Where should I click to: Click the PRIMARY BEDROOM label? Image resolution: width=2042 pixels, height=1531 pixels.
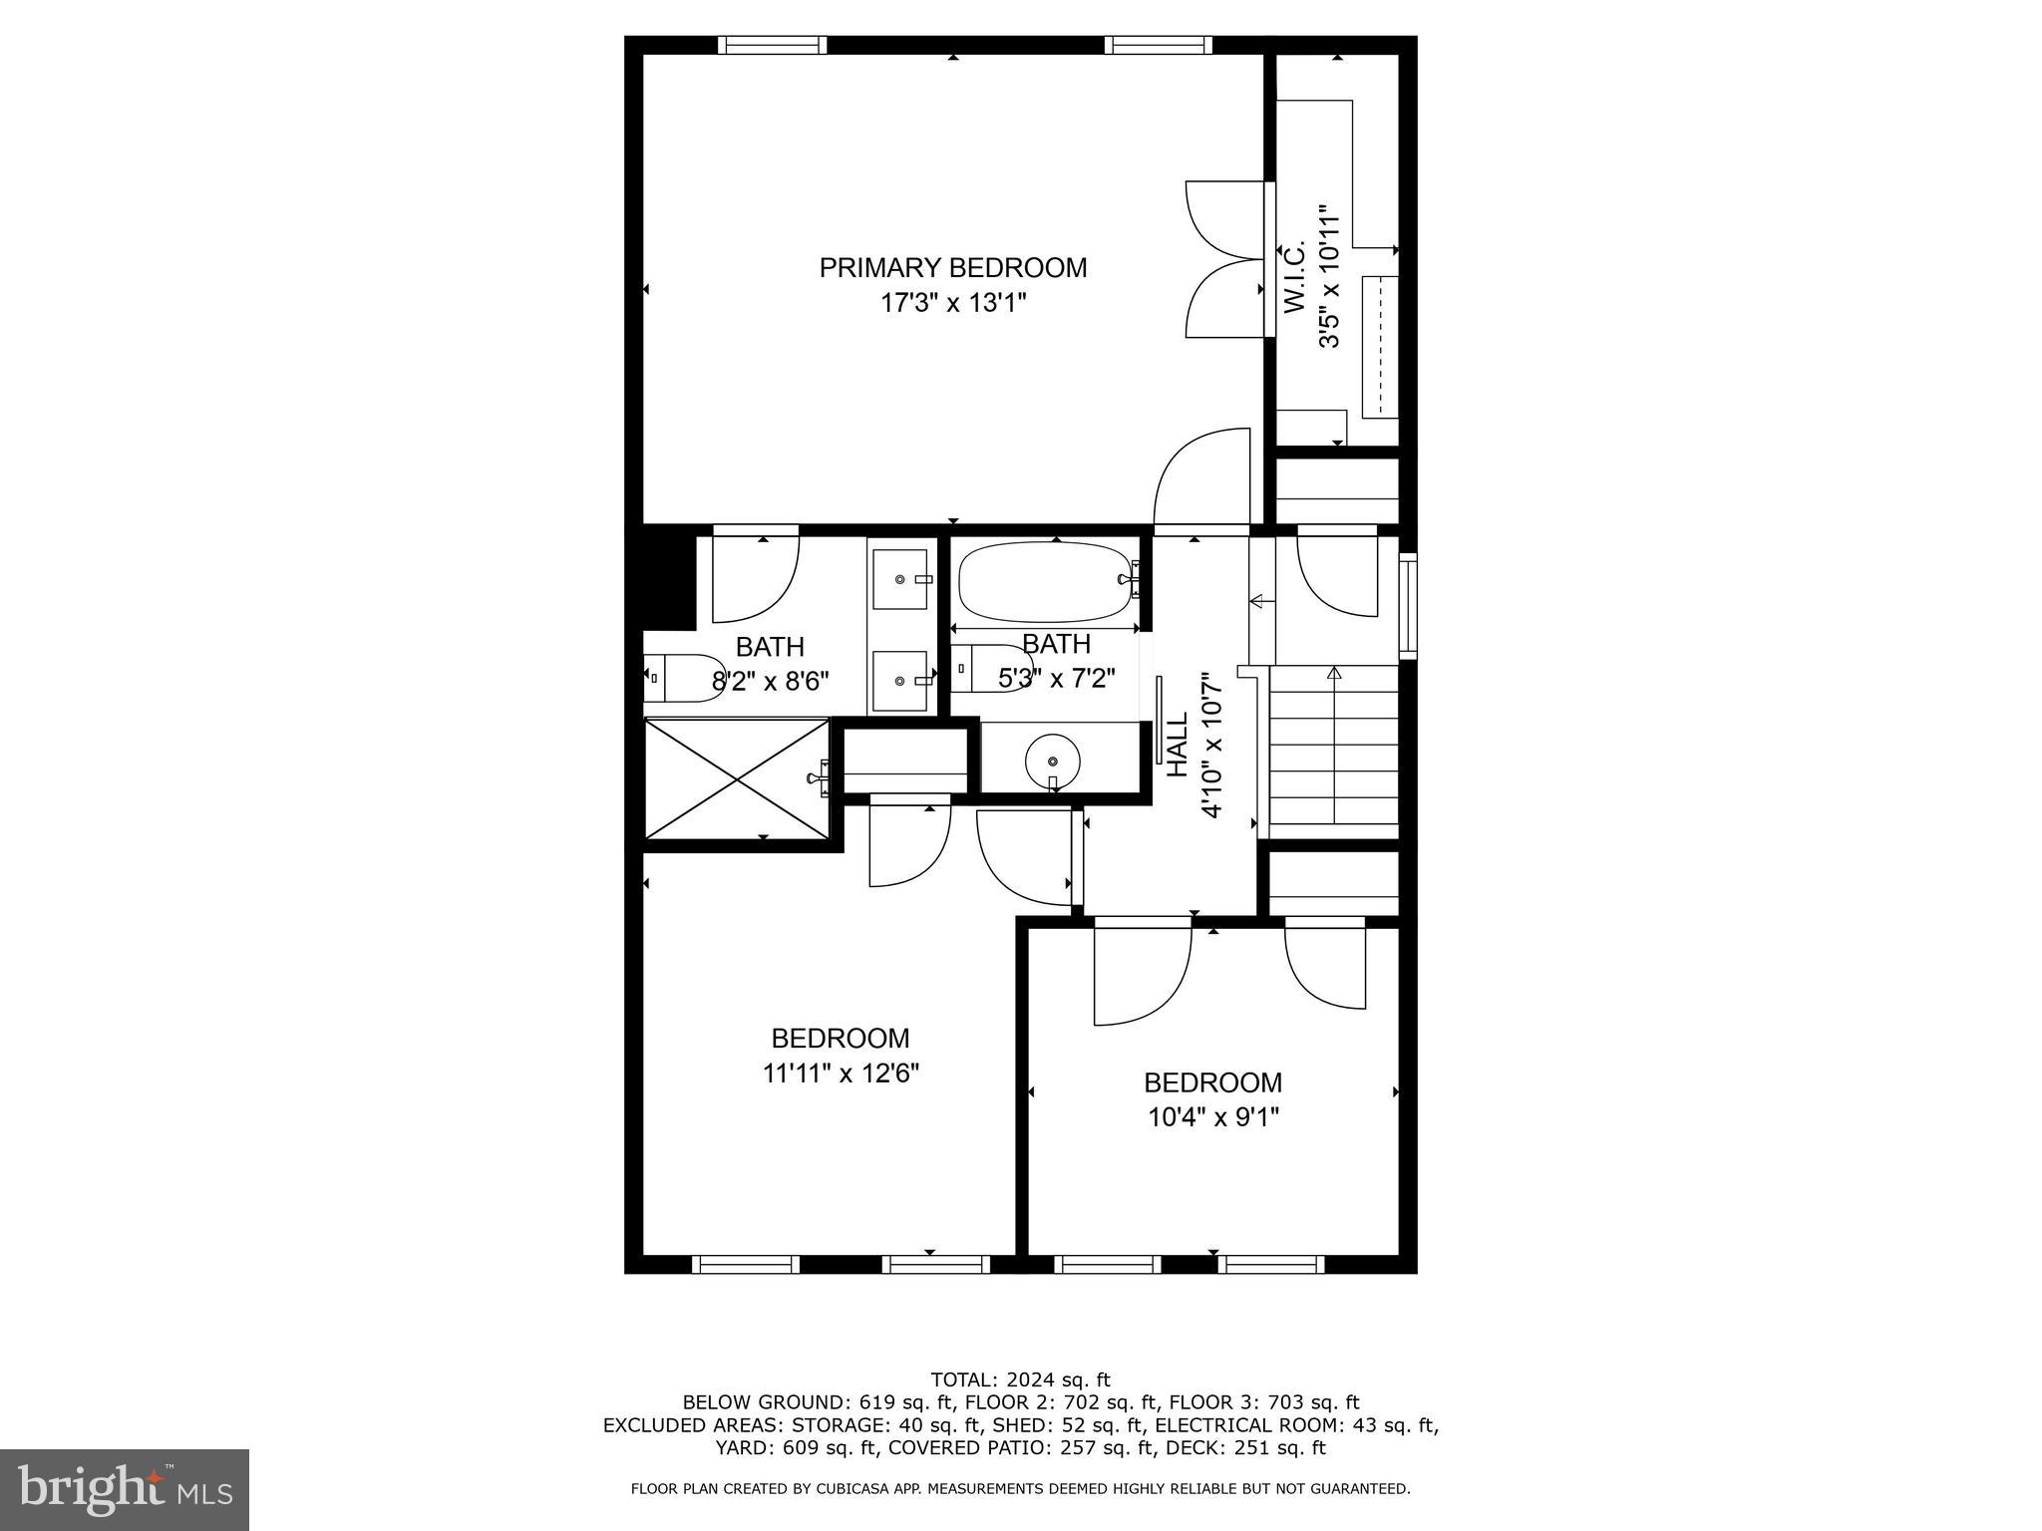[952, 267]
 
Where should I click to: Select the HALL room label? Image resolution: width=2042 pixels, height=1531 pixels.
[1178, 745]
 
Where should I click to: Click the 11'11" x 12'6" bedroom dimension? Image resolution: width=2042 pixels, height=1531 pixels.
[841, 1073]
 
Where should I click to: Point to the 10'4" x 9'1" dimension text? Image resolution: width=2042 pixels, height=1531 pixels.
[1212, 1117]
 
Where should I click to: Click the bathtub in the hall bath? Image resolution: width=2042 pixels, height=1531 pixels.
[1046, 582]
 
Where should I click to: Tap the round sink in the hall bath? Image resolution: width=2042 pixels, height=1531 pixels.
[1052, 761]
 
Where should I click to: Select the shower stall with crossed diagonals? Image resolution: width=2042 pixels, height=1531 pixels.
[737, 778]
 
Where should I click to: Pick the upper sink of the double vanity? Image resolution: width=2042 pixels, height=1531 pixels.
[901, 579]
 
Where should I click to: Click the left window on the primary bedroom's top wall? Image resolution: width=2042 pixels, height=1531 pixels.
[772, 45]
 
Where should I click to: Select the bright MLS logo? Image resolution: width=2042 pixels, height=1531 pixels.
[124, 1489]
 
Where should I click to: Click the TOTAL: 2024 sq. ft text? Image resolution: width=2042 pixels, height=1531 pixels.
[1020, 1380]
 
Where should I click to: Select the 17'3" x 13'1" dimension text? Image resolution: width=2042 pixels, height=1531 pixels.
[952, 303]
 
